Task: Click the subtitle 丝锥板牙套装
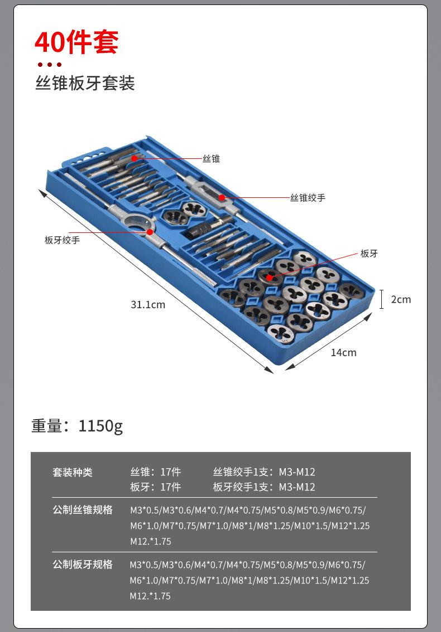tap(85, 84)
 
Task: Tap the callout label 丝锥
tap(212, 159)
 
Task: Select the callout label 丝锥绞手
tap(308, 198)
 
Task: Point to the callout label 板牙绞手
tap(62, 240)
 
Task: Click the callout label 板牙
tap(369, 254)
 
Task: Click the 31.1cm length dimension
tap(148, 305)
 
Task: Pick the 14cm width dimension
tap(343, 352)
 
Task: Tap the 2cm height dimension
tap(400, 299)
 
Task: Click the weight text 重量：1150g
tap(77, 426)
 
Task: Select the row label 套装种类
tap(73, 473)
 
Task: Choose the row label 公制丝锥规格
tap(83, 510)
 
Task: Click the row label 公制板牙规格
tap(83, 565)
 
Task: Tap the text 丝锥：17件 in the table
tap(155, 472)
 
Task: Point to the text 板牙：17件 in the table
tap(155, 487)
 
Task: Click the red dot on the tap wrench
tap(222, 197)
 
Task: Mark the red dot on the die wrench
tap(150, 231)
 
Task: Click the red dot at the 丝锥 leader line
tap(135, 159)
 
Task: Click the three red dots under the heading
tap(49, 65)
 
